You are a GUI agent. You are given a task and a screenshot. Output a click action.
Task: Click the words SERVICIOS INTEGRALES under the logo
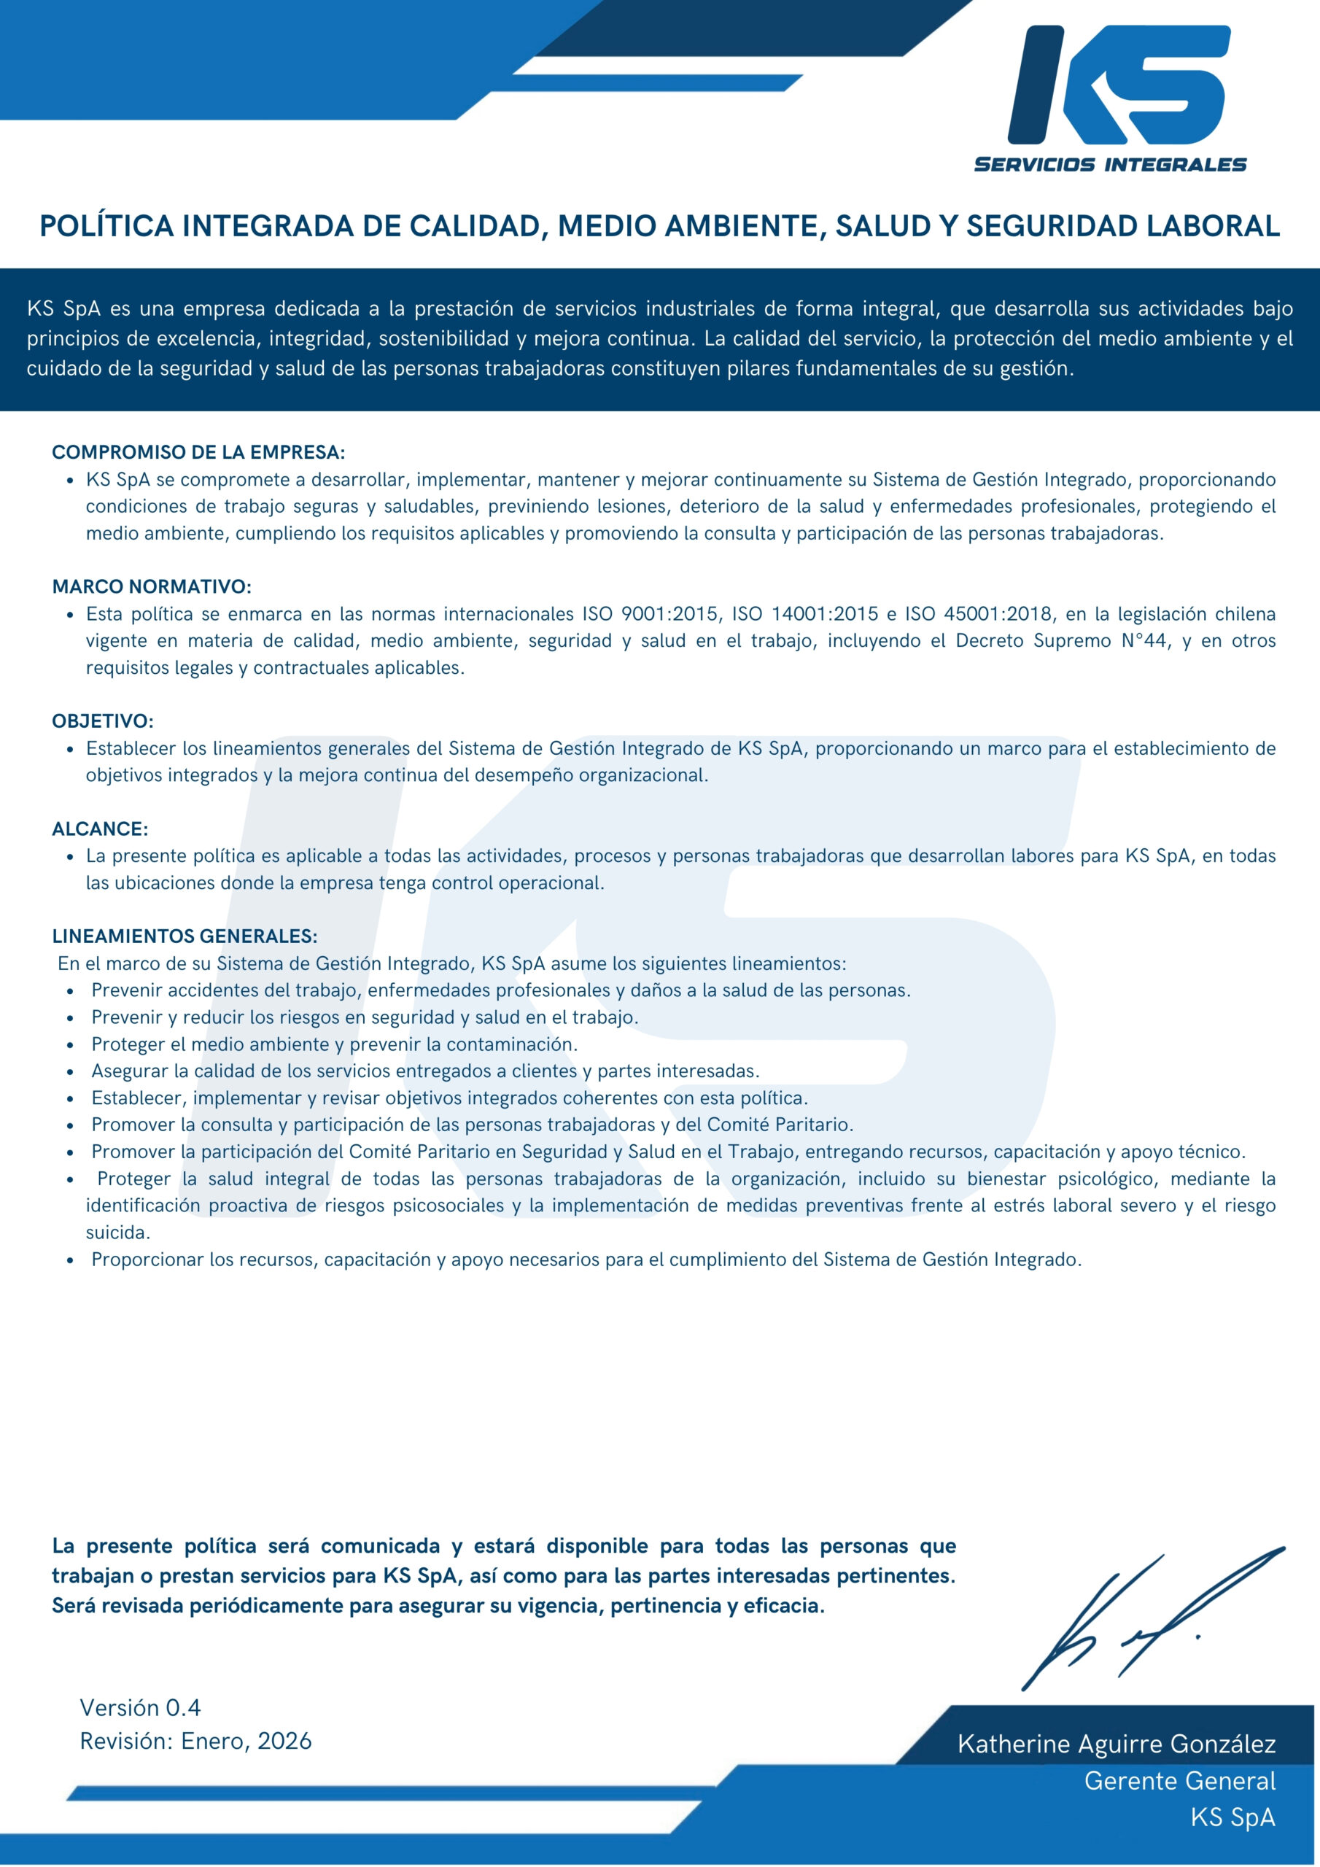[1110, 165]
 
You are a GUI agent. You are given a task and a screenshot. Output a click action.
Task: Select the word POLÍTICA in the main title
[106, 226]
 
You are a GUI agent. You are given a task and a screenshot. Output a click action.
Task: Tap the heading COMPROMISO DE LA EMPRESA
[198, 452]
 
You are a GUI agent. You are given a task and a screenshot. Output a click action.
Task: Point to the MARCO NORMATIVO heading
[151, 586]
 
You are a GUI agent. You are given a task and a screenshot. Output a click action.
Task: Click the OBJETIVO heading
[103, 721]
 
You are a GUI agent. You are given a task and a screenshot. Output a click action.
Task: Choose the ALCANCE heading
[100, 828]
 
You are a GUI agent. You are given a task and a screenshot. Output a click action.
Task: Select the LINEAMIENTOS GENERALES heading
[185, 936]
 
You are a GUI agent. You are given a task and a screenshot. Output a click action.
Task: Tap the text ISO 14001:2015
[805, 614]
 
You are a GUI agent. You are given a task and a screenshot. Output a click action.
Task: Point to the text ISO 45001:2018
[979, 614]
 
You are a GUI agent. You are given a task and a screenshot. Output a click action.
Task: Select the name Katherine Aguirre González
[1116, 1744]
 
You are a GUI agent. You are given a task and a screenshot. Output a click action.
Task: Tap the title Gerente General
[1179, 1781]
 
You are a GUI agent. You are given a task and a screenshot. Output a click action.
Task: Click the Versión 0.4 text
[140, 1707]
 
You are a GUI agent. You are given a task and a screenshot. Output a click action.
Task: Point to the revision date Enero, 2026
[246, 1741]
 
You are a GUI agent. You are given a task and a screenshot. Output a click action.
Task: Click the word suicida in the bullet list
[118, 1233]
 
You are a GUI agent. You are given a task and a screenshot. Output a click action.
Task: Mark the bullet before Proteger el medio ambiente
[71, 1045]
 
